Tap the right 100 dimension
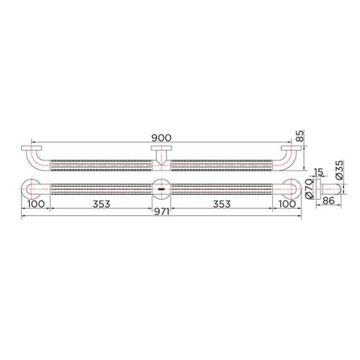(x=286, y=203)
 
